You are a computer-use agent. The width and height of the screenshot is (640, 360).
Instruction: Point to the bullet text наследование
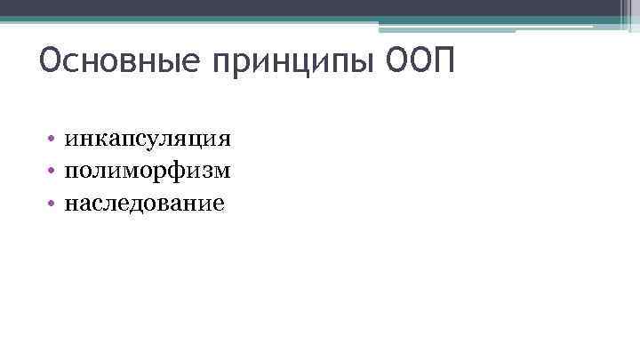coord(145,203)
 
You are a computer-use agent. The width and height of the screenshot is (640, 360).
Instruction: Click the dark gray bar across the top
coord(320,8)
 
